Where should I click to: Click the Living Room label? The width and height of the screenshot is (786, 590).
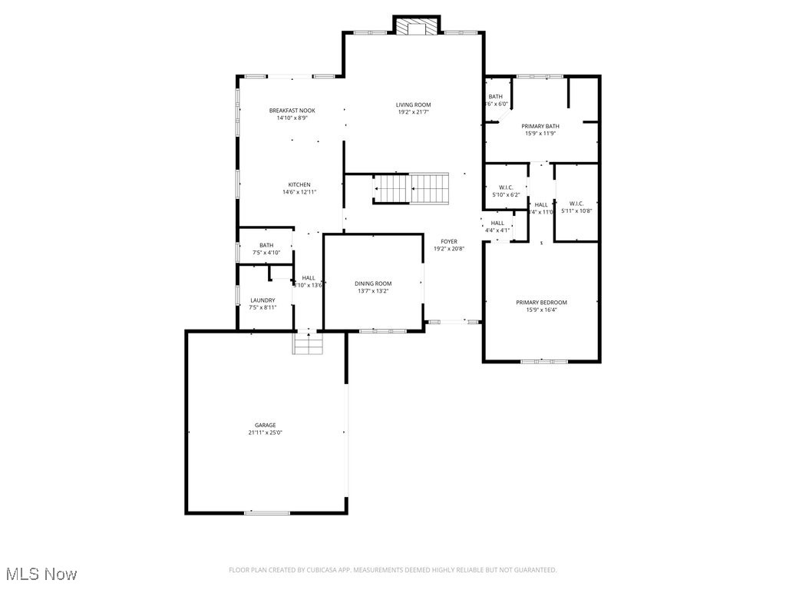(413, 104)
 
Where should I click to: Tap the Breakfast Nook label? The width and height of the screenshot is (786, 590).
(292, 111)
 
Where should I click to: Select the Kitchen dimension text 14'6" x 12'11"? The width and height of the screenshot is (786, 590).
(299, 192)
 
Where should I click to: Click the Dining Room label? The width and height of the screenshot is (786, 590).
(373, 283)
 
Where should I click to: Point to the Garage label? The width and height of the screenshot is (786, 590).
(266, 425)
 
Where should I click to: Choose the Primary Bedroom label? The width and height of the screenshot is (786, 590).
(541, 303)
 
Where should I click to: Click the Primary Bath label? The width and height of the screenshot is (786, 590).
(540, 126)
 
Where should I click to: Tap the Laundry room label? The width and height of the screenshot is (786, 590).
(263, 300)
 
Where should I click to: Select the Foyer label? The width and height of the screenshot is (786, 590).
(449, 241)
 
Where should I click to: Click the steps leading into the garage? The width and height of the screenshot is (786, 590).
(307, 343)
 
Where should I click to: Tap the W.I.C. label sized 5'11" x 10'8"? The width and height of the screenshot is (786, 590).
(576, 204)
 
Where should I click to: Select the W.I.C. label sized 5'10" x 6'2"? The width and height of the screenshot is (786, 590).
(506, 187)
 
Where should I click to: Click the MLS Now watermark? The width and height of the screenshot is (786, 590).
(41, 574)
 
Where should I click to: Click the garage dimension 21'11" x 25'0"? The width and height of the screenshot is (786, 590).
(266, 433)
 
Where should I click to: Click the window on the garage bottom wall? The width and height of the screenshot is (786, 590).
(267, 512)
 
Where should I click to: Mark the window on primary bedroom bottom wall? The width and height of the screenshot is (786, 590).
(544, 360)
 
